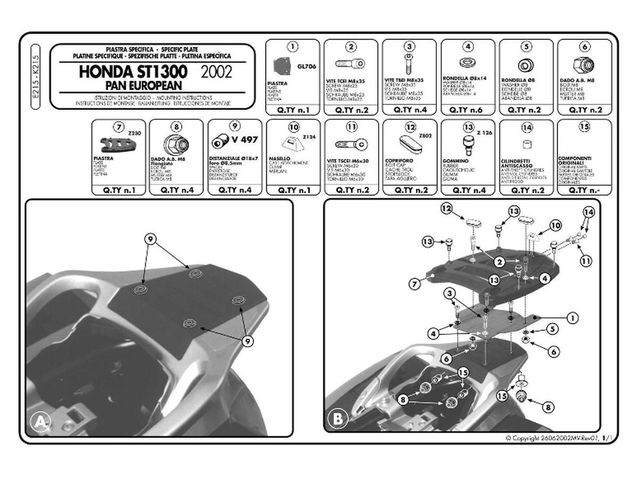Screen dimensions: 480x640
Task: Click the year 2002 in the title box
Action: [x=217, y=71]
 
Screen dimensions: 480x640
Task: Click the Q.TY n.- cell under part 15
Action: [x=584, y=190]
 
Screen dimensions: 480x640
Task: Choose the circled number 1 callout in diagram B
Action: [x=572, y=318]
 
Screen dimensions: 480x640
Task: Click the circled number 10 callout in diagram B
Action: [x=555, y=226]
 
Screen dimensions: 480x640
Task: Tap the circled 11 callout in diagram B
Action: [x=587, y=261]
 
